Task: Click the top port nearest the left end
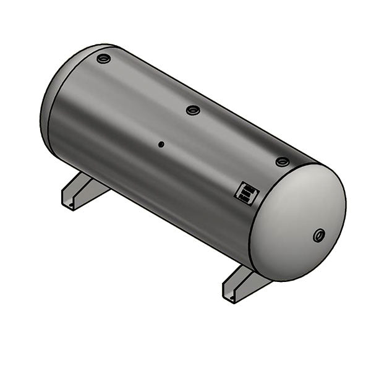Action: pos(103,59)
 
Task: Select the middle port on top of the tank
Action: pos(193,110)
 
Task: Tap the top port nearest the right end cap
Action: pos(283,161)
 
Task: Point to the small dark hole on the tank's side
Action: pos(161,145)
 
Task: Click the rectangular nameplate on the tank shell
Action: pos(246,194)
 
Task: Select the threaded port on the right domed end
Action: pos(319,235)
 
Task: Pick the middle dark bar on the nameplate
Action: pos(246,194)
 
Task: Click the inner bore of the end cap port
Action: pos(320,235)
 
